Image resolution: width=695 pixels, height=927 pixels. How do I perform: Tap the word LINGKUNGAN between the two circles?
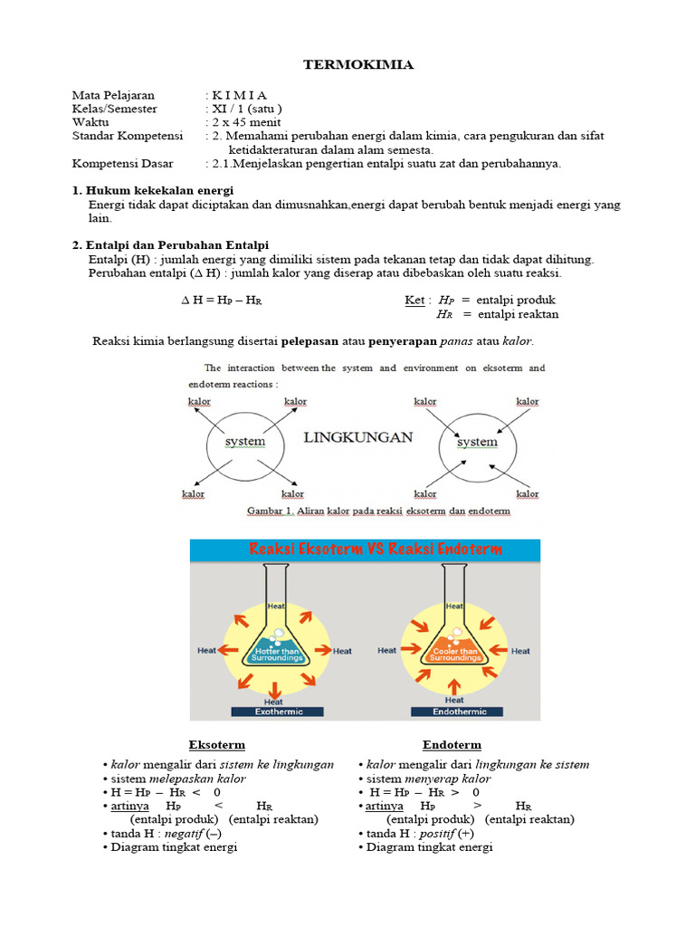(357, 437)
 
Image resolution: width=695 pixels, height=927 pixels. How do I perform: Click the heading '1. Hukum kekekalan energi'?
(153, 190)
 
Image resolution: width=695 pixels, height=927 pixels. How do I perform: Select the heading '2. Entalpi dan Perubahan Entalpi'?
(170, 245)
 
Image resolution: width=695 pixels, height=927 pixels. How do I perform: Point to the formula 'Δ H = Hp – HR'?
(221, 301)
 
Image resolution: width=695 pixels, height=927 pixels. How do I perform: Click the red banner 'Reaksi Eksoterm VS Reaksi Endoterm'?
(364, 550)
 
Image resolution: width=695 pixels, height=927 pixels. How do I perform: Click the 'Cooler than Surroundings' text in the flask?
(455, 654)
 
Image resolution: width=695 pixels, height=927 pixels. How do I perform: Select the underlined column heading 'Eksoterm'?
(216, 745)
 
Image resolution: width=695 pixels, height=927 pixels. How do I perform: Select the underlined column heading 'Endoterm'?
(452, 745)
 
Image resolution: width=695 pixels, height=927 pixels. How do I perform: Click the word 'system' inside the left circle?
(244, 442)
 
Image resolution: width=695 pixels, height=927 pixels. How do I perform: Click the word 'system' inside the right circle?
(477, 442)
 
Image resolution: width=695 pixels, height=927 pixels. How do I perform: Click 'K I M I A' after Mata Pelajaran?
(240, 95)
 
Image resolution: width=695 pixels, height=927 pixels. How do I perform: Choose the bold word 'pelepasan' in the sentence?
(309, 341)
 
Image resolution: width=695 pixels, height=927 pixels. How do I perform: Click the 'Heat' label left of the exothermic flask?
(207, 650)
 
